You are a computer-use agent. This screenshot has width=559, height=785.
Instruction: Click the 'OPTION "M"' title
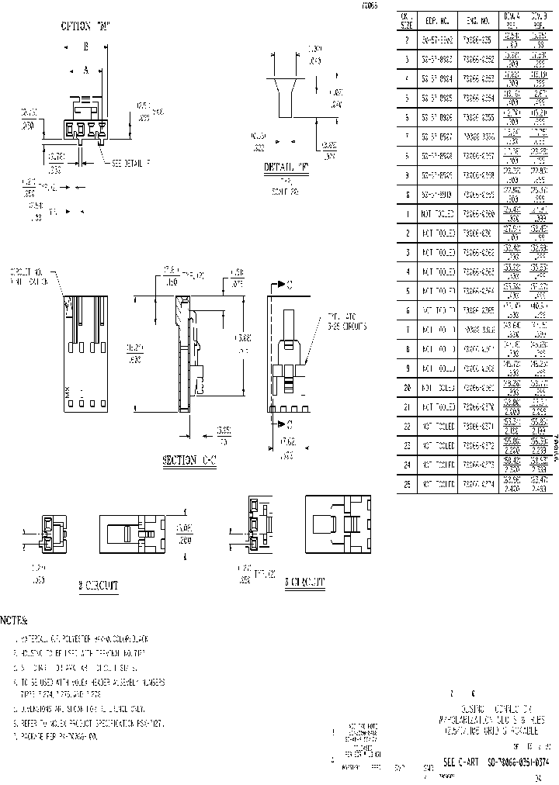86,26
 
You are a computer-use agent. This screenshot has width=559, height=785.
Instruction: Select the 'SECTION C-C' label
189,460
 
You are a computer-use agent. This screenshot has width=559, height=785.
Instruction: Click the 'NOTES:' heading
14,621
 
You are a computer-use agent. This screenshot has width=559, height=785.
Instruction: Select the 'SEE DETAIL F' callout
130,164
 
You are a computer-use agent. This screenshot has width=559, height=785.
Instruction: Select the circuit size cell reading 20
406,386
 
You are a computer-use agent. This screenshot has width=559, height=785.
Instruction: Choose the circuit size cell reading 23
406,446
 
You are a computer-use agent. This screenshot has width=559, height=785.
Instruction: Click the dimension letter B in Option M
86,47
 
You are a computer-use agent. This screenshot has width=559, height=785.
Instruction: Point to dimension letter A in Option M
86,70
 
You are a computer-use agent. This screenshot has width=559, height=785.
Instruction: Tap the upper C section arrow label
288,285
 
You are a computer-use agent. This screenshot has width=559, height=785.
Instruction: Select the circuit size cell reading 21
406,406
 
